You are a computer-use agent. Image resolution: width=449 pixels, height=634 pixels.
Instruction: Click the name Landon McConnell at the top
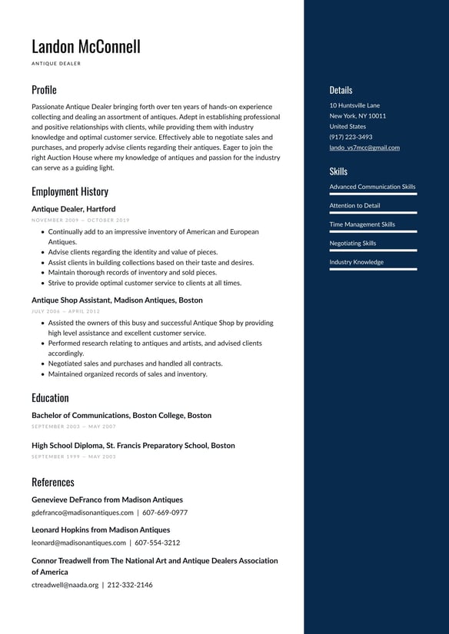pyautogui.click(x=86, y=46)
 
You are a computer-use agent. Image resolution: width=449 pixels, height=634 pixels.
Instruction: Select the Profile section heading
pyautogui.click(x=44, y=90)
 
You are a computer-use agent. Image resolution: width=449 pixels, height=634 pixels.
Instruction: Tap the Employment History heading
pyautogui.click(x=70, y=191)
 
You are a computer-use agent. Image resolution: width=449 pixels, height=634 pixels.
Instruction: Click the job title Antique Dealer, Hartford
pyautogui.click(x=73, y=209)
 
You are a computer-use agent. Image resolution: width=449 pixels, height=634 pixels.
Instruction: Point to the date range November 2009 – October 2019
pyautogui.click(x=81, y=221)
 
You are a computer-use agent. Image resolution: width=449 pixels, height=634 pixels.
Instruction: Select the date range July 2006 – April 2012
pyautogui.click(x=65, y=311)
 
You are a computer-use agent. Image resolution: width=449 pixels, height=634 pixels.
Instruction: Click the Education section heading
pyautogui.click(x=50, y=398)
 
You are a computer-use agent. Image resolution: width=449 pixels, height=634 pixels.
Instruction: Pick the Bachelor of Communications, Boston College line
pyautogui.click(x=121, y=416)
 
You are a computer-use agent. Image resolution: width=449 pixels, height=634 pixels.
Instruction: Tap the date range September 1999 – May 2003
pyautogui.click(x=74, y=456)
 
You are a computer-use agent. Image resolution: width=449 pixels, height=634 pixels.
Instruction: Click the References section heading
pyautogui.click(x=53, y=483)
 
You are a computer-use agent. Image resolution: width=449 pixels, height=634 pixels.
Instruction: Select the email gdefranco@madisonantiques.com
pyautogui.click(x=82, y=513)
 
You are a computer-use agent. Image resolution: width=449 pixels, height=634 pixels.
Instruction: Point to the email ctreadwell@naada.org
pyautogui.click(x=65, y=585)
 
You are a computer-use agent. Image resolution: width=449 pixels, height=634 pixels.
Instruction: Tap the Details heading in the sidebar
pyautogui.click(x=341, y=90)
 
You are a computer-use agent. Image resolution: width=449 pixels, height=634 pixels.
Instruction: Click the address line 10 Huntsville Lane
pyautogui.click(x=354, y=105)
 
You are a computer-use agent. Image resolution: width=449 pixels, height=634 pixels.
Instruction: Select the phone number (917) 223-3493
pyautogui.click(x=351, y=137)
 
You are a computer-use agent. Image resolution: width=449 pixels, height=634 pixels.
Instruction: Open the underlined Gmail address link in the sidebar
pyautogui.click(x=364, y=148)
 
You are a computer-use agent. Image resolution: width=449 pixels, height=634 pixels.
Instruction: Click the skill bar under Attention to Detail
pyautogui.click(x=373, y=213)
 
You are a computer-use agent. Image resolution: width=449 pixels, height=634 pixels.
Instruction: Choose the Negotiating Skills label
pyautogui.click(x=353, y=244)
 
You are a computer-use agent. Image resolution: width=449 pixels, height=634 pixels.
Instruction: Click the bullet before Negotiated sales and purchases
pyautogui.click(x=42, y=364)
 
